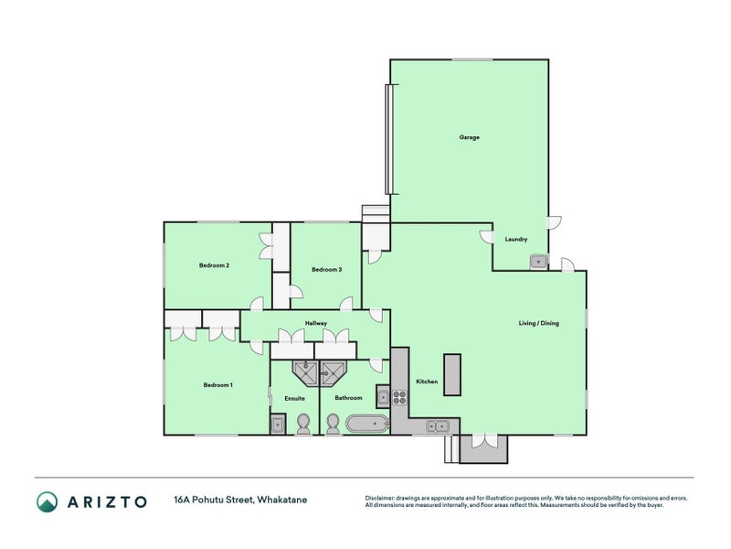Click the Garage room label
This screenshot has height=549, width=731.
pyautogui.click(x=469, y=137)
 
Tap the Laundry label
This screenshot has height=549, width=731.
pyautogui.click(x=516, y=239)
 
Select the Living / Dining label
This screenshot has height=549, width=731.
pyautogui.click(x=538, y=323)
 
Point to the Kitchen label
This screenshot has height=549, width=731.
pyautogui.click(x=427, y=382)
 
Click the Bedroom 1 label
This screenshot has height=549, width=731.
pyautogui.click(x=217, y=385)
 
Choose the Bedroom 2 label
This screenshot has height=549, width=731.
pyautogui.click(x=214, y=265)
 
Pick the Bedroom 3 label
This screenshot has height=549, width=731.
pyautogui.click(x=327, y=269)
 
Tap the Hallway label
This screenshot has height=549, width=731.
pyautogui.click(x=316, y=323)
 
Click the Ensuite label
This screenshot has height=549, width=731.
pyautogui.click(x=294, y=398)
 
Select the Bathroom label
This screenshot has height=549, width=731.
pyautogui.click(x=348, y=398)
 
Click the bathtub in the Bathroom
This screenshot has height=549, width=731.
pyautogui.click(x=367, y=425)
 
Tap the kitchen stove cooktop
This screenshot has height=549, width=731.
pyautogui.click(x=399, y=397)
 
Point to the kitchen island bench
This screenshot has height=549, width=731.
pyautogui.click(x=451, y=374)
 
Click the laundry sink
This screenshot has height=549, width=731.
pyautogui.click(x=539, y=262)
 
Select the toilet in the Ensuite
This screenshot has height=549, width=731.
pyautogui.click(x=303, y=424)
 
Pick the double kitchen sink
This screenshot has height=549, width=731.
pyautogui.click(x=437, y=426)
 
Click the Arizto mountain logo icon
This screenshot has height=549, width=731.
pyautogui.click(x=48, y=501)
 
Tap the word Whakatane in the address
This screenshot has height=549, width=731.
pyautogui.click(x=282, y=500)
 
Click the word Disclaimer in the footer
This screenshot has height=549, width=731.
pyautogui.click(x=379, y=498)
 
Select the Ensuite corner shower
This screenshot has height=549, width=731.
pyautogui.click(x=305, y=373)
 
